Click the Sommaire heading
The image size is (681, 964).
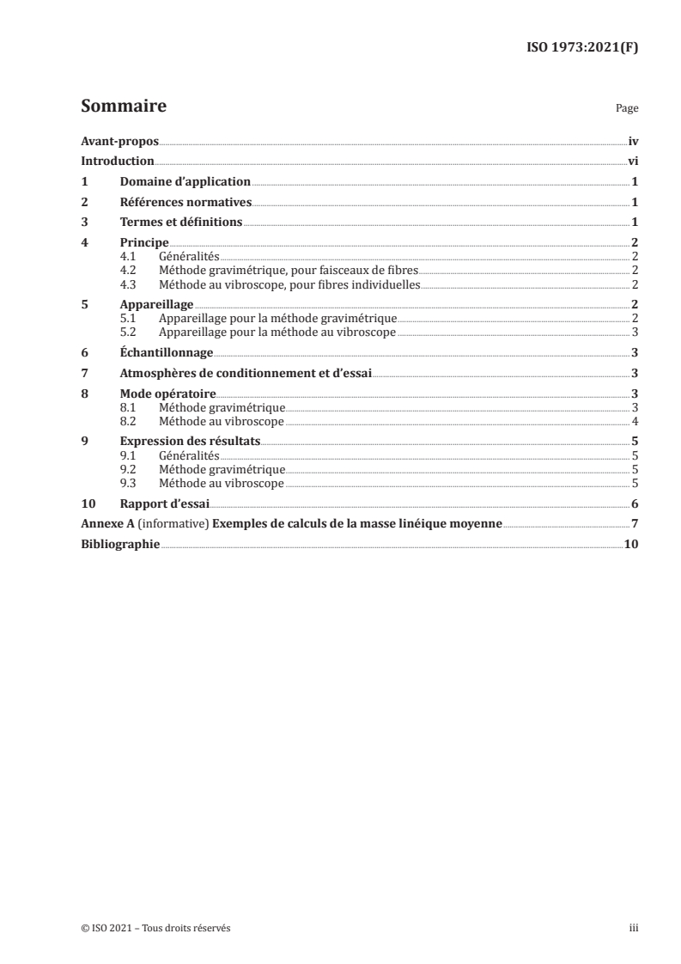pyautogui.click(x=123, y=107)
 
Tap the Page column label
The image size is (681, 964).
pyautogui.click(x=627, y=110)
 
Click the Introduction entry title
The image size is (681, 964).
pyautogui.click(x=118, y=162)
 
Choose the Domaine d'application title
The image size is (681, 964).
pyautogui.click(x=185, y=182)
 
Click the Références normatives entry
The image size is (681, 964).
pyautogui.click(x=185, y=203)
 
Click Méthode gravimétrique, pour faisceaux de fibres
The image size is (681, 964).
pyautogui.click(x=289, y=270)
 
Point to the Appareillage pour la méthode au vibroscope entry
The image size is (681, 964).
pyautogui.click(x=277, y=332)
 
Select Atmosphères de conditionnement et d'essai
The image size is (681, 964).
pyautogui.click(x=246, y=373)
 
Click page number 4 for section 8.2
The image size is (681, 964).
pyautogui.click(x=634, y=422)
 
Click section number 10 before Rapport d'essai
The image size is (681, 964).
pyautogui.click(x=87, y=504)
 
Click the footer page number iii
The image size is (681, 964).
pyautogui.click(x=633, y=928)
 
